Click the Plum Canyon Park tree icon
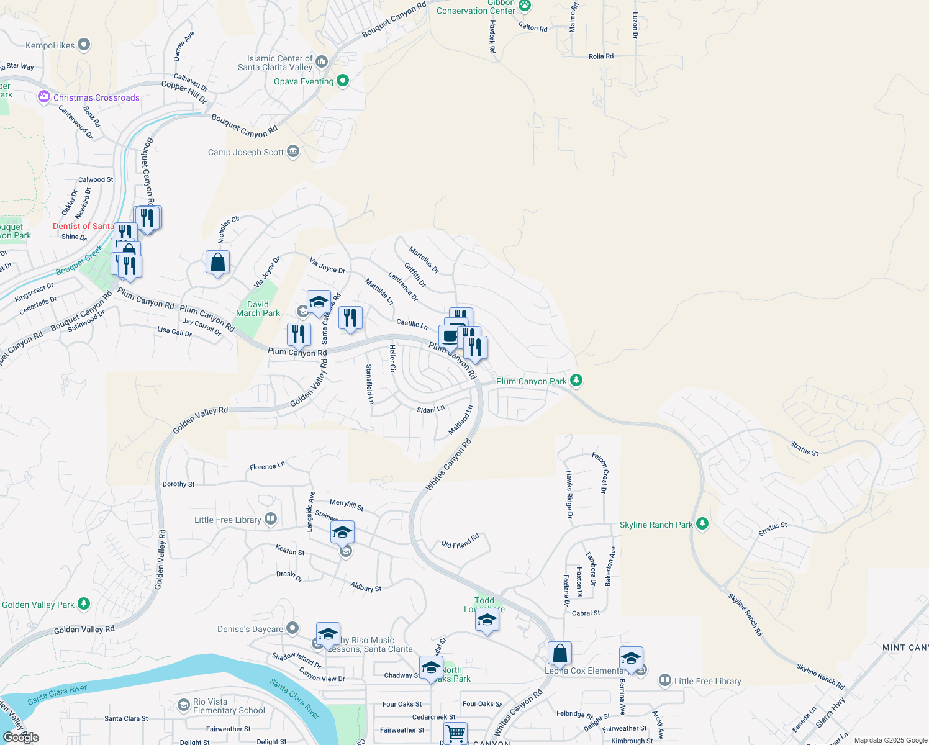[576, 380]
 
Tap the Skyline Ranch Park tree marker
[702, 524]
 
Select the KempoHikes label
[50, 45]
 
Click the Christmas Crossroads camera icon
[43, 97]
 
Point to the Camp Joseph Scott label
[246, 152]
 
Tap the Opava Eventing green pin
[342, 81]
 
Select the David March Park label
[258, 309]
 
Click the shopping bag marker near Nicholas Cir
[218, 263]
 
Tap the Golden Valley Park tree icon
[84, 603]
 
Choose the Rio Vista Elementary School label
[229, 706]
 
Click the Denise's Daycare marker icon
[292, 628]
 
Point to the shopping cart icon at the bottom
[456, 733]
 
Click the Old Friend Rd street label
[460, 541]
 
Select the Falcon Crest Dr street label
[600, 472]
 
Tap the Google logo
[20, 737]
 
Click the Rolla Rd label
[600, 56]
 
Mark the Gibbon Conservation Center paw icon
[525, 6]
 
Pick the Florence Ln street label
[267, 466]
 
